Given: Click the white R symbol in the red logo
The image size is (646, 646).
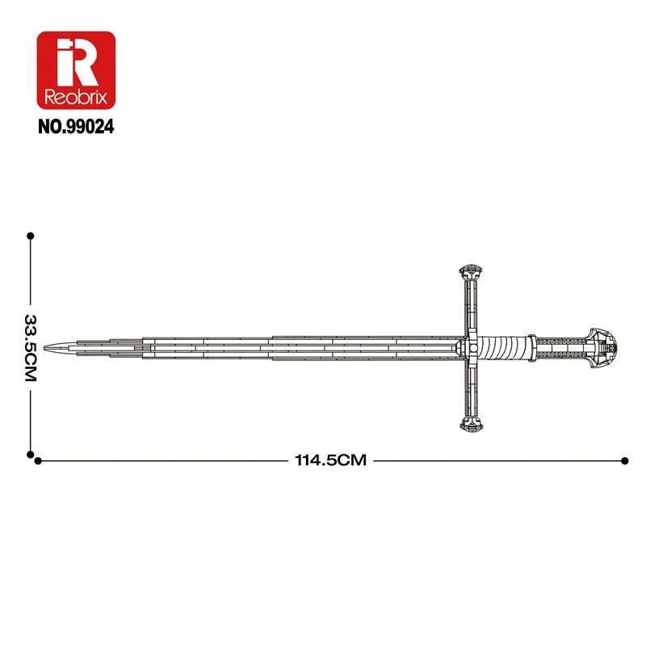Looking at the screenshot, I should click(x=76, y=59).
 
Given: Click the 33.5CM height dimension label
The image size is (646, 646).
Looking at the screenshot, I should click(x=31, y=346).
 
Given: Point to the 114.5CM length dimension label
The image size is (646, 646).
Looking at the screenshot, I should click(x=330, y=460).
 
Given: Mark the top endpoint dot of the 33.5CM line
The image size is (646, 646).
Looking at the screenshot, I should click(x=31, y=236).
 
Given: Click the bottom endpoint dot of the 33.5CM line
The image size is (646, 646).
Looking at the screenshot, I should click(x=31, y=454).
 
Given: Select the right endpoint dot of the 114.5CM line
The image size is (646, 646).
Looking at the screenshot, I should click(x=625, y=460).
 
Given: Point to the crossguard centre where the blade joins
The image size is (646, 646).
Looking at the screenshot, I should click(x=472, y=347).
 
